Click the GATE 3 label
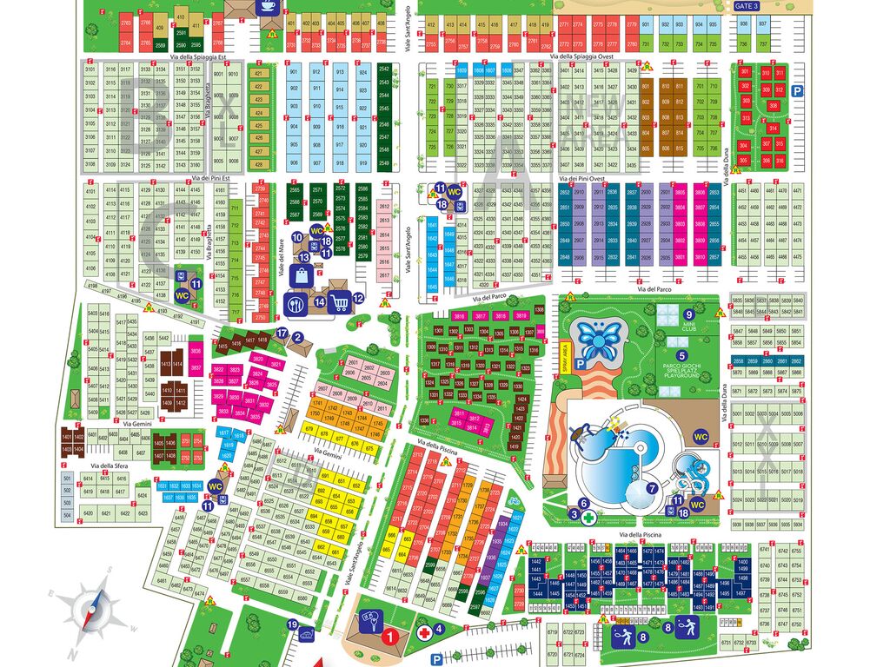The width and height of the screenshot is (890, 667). pyautogui.click(x=747, y=6)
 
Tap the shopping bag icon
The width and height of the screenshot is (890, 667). pyautogui.click(x=301, y=276)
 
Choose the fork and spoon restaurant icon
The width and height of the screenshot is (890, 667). pyautogui.click(x=296, y=304)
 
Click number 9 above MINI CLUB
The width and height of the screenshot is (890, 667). pyautogui.click(x=688, y=315)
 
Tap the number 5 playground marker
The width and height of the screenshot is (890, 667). pyautogui.click(x=682, y=354)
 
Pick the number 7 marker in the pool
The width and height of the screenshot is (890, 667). pyautogui.click(x=652, y=488)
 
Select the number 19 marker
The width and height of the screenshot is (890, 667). pyautogui.click(x=293, y=624)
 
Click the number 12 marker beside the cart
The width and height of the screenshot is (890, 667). pyautogui.click(x=358, y=299)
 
